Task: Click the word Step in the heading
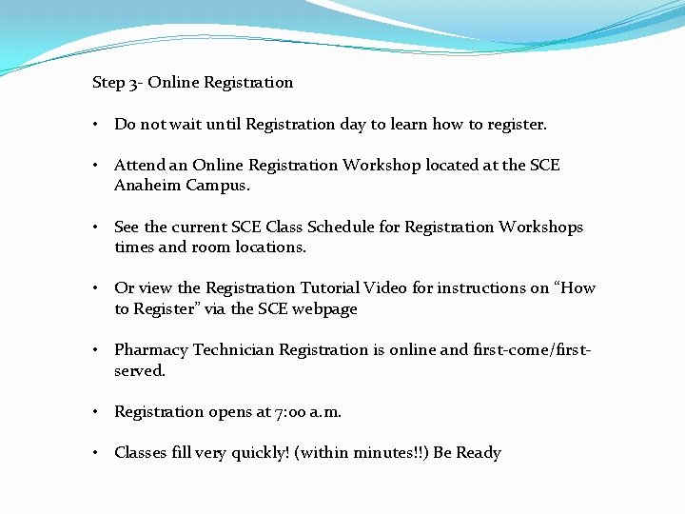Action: point(108,83)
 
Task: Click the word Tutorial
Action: point(331,288)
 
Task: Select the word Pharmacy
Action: point(148,350)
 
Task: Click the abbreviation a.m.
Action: point(324,412)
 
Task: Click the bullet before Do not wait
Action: point(97,125)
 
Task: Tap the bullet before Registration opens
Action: point(97,412)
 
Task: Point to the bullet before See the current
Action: point(97,227)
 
